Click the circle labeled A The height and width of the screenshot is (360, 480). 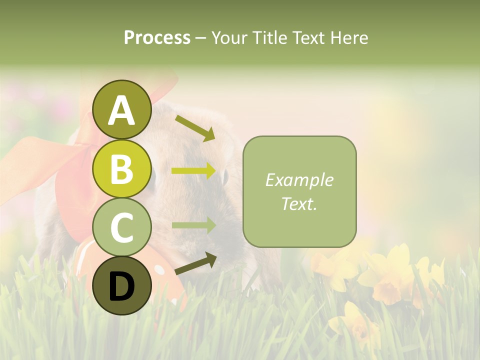tap(121, 109)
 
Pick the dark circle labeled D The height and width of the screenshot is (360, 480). tap(121, 285)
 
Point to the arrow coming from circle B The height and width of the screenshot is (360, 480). tap(193, 171)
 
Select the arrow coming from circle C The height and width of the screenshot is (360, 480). tap(193, 225)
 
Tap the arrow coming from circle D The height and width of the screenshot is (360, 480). tap(195, 263)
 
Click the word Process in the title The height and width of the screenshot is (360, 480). tap(157, 37)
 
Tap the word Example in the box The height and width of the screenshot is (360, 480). tap(299, 180)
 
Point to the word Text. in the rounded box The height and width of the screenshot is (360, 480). tap(299, 203)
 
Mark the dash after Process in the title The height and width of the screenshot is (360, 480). tap(201, 38)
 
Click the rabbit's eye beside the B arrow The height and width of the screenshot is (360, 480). tap(225, 176)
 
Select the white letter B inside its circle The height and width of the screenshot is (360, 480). tap(121, 168)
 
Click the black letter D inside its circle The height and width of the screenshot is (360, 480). tap(121, 286)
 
